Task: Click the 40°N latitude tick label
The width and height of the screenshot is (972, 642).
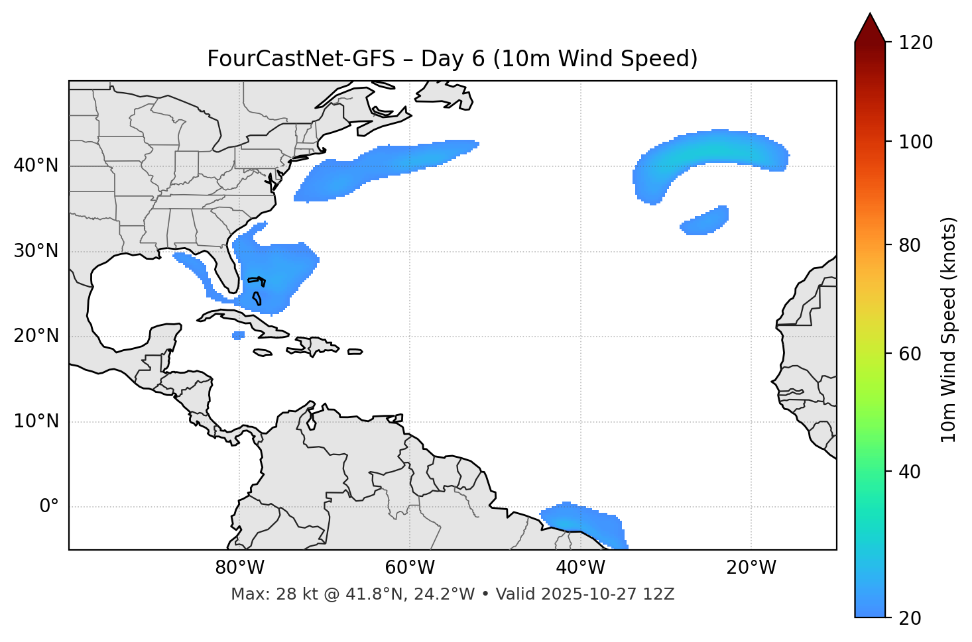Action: click(36, 166)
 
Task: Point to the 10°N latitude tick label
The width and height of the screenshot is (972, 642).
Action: click(36, 421)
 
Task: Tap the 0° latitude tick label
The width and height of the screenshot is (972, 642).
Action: click(49, 507)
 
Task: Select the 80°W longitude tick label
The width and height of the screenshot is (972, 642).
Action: click(239, 568)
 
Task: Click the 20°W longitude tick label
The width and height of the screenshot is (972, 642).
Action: click(751, 568)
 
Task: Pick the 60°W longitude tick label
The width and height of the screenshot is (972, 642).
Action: click(410, 568)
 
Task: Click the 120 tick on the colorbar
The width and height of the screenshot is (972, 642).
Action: click(916, 42)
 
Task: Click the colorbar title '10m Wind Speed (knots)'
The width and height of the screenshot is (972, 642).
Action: click(949, 329)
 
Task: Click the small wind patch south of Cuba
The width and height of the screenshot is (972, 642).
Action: click(239, 335)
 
